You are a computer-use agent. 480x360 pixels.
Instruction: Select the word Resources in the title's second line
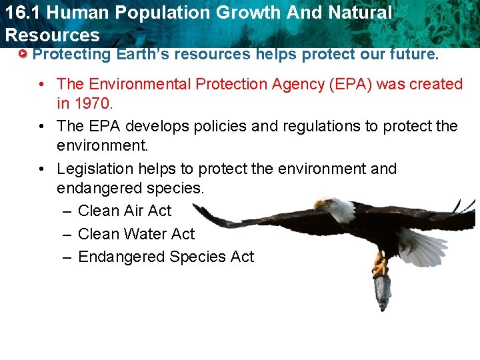pyautogui.click(x=52, y=35)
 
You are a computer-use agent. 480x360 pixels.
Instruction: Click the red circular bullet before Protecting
pyautogui.click(x=23, y=53)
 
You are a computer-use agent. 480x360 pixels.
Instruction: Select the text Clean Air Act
pyautogui.click(x=125, y=211)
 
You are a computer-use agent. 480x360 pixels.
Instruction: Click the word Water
pyautogui.click(x=141, y=234)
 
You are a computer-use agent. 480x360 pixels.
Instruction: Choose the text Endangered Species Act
pyautogui.click(x=166, y=257)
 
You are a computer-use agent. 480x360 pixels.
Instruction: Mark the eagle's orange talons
pyautogui.click(x=380, y=266)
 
